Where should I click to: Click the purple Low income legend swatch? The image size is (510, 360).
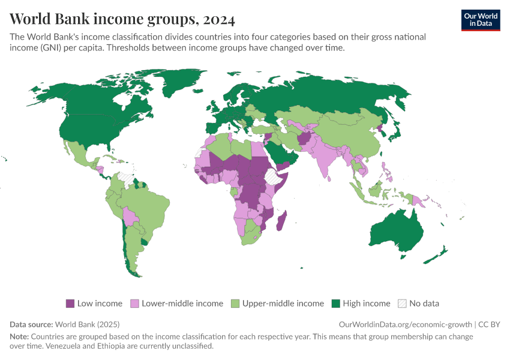(70, 304)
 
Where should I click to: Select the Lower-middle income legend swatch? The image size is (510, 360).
(134, 304)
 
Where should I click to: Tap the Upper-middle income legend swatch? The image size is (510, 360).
(235, 304)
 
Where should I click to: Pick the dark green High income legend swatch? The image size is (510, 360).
(335, 304)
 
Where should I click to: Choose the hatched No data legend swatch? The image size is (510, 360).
(402, 304)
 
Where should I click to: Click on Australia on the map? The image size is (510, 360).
(399, 231)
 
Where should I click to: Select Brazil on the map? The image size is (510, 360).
(150, 207)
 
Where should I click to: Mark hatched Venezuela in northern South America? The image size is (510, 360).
(125, 178)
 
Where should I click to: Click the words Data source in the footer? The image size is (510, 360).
(31, 324)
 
